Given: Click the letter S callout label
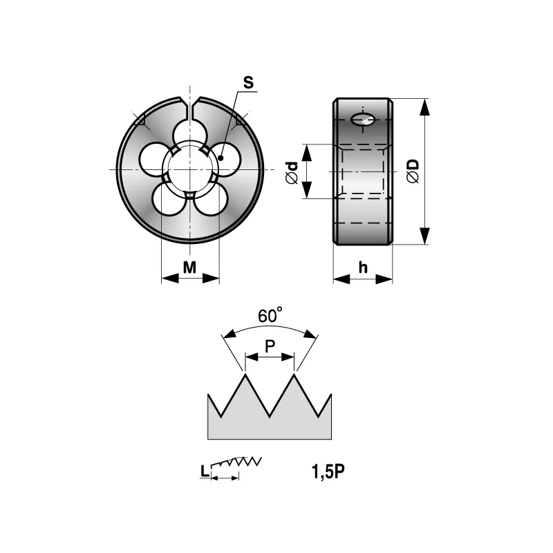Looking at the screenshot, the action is coord(248,82).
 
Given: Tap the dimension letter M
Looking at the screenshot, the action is coord(189,268).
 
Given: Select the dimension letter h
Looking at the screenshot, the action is coord(363,268).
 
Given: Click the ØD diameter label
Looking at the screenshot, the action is coord(413,171).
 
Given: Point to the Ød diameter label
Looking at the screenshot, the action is coord(292,172).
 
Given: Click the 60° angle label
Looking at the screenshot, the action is coord(270,315).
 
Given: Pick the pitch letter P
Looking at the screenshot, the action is coord(270,346).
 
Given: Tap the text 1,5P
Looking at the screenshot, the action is coord(328,471).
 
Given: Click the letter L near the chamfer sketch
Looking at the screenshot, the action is coord(205,471).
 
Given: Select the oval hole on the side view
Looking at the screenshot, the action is coord(362,120).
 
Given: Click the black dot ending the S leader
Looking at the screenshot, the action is coord(221,158).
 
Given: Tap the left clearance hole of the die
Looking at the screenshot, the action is coord(154,159).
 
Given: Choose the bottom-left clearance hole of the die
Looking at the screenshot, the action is coord(168,198).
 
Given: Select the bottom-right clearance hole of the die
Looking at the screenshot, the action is coord(212,198).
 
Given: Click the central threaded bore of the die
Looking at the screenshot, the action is coord(190,169).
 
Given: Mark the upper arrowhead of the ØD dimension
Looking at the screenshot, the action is coord(424,107).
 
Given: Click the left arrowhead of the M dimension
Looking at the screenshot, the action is coord(170,279).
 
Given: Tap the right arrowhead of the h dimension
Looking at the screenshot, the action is coord(384,280).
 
